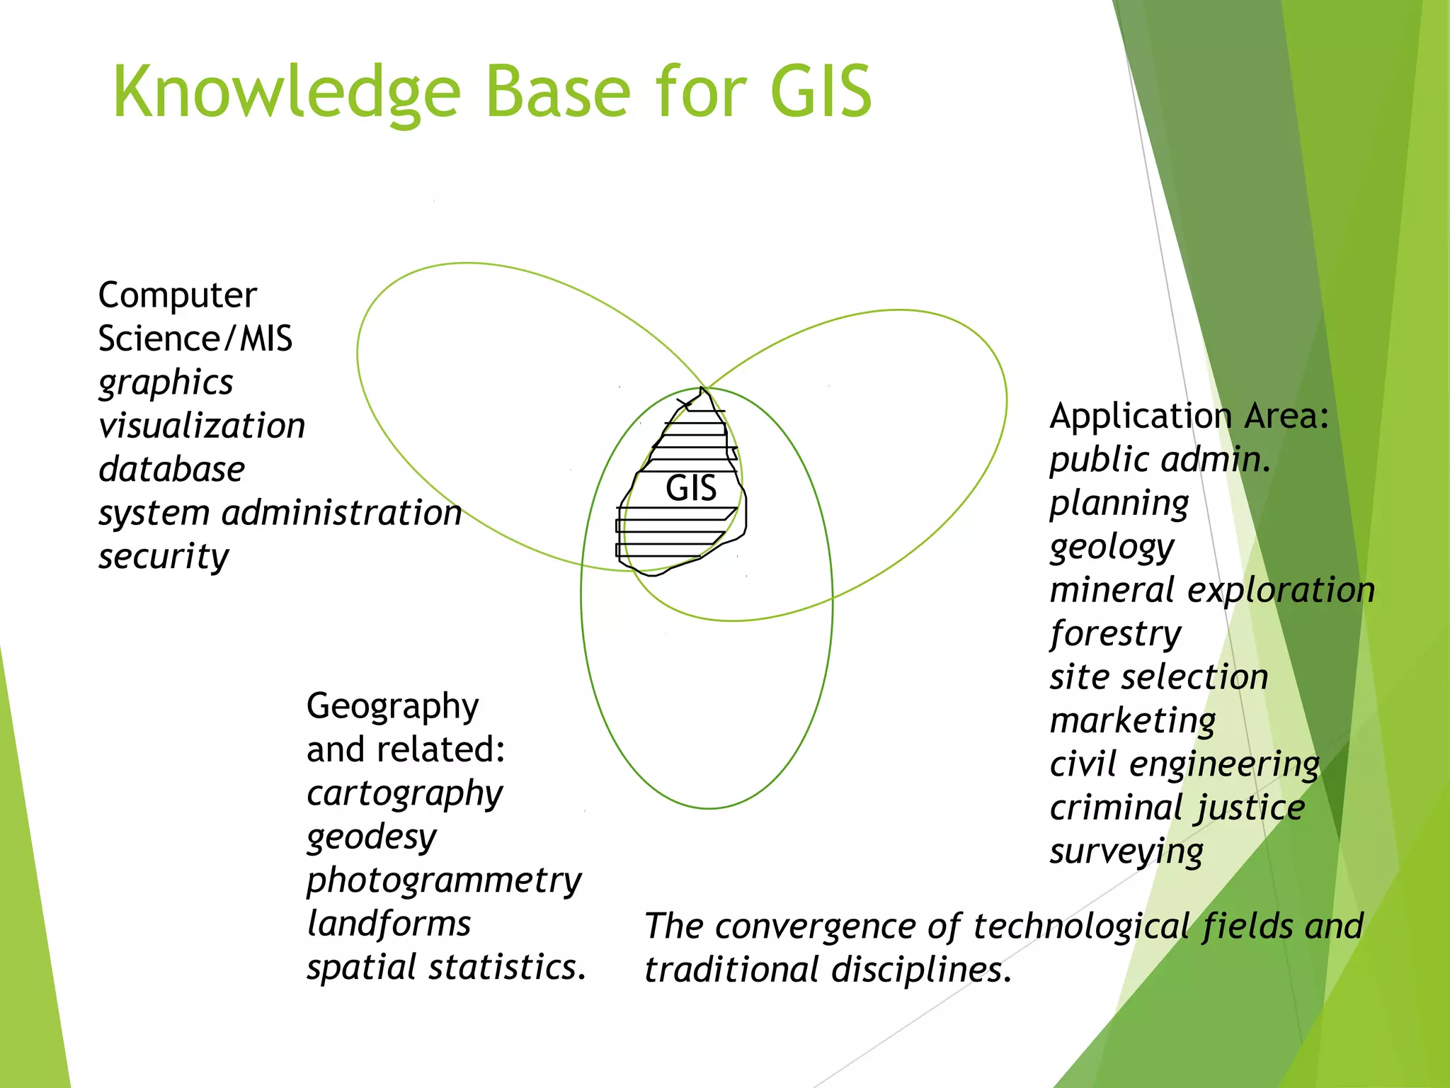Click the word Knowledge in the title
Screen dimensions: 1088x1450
(287, 93)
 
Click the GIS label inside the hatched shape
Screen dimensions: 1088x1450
(691, 488)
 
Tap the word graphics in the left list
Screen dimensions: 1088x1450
(166, 383)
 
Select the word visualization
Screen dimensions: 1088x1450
(202, 426)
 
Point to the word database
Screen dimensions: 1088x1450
(172, 470)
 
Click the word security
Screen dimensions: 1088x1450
(164, 557)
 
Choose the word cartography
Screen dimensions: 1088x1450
(404, 793)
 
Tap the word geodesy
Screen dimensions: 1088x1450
(372, 837)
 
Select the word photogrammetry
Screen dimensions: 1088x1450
(444, 881)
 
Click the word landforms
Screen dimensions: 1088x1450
(389, 924)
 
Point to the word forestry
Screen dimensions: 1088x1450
(1116, 633)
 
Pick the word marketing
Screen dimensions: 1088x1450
(1133, 721)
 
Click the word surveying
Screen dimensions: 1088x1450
(1126, 851)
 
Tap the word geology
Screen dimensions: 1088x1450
(1112, 547)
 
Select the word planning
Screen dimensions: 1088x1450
(1119, 504)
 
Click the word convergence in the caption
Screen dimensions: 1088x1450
(821, 926)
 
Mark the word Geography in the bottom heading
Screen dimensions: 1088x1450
(393, 707)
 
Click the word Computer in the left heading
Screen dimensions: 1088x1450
(177, 295)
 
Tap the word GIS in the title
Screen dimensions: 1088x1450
(821, 93)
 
